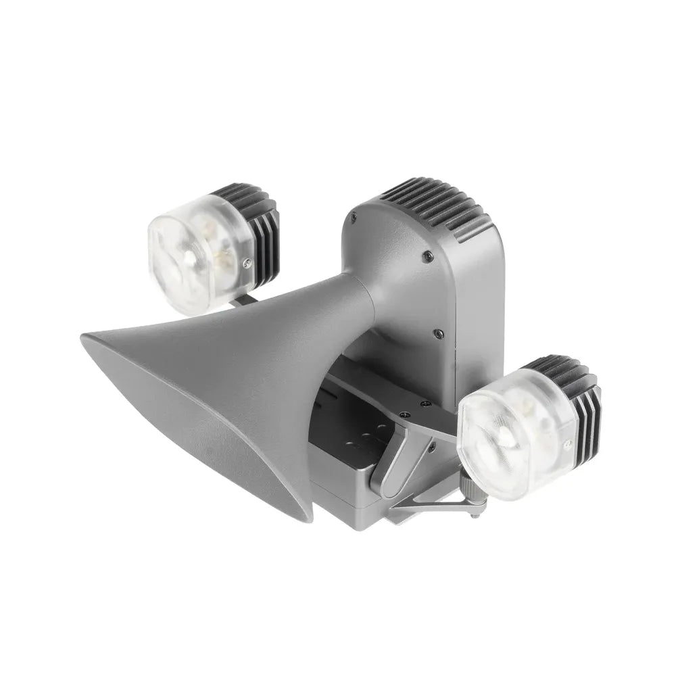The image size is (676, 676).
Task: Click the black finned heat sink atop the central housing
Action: pos(433,206)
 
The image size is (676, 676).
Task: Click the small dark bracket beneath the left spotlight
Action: pos(247,297)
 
